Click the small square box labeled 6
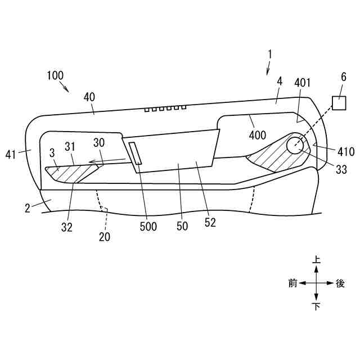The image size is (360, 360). [339, 103]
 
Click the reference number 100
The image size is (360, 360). [56, 75]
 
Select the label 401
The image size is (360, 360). [302, 83]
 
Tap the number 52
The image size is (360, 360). [210, 223]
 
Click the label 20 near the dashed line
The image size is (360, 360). [105, 237]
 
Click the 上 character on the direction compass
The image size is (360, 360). [317, 259]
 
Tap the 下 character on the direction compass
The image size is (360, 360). [317, 307]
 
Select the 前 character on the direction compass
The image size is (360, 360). [292, 283]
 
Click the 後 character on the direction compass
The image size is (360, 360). [340, 283]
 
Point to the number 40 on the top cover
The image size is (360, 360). [89, 96]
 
